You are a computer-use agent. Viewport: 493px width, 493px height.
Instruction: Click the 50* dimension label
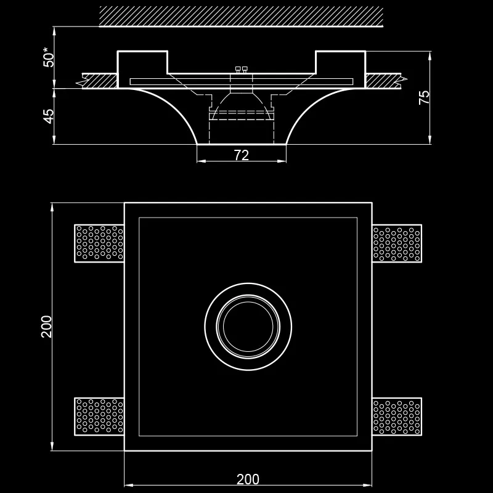[49, 57]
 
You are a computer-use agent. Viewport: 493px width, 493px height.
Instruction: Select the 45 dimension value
[49, 116]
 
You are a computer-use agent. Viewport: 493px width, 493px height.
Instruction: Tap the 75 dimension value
[424, 97]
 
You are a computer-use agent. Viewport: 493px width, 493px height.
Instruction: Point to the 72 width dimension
[242, 155]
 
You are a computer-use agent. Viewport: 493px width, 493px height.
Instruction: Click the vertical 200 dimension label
[47, 327]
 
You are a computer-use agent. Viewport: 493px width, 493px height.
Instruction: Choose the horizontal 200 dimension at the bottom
[248, 479]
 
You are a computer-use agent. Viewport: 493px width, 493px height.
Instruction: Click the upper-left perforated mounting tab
[99, 243]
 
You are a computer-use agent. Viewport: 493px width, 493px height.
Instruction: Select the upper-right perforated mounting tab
[397, 243]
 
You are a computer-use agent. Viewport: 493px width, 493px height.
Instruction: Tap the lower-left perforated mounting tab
[99, 417]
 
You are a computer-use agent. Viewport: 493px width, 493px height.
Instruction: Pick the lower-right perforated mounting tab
[397, 417]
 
